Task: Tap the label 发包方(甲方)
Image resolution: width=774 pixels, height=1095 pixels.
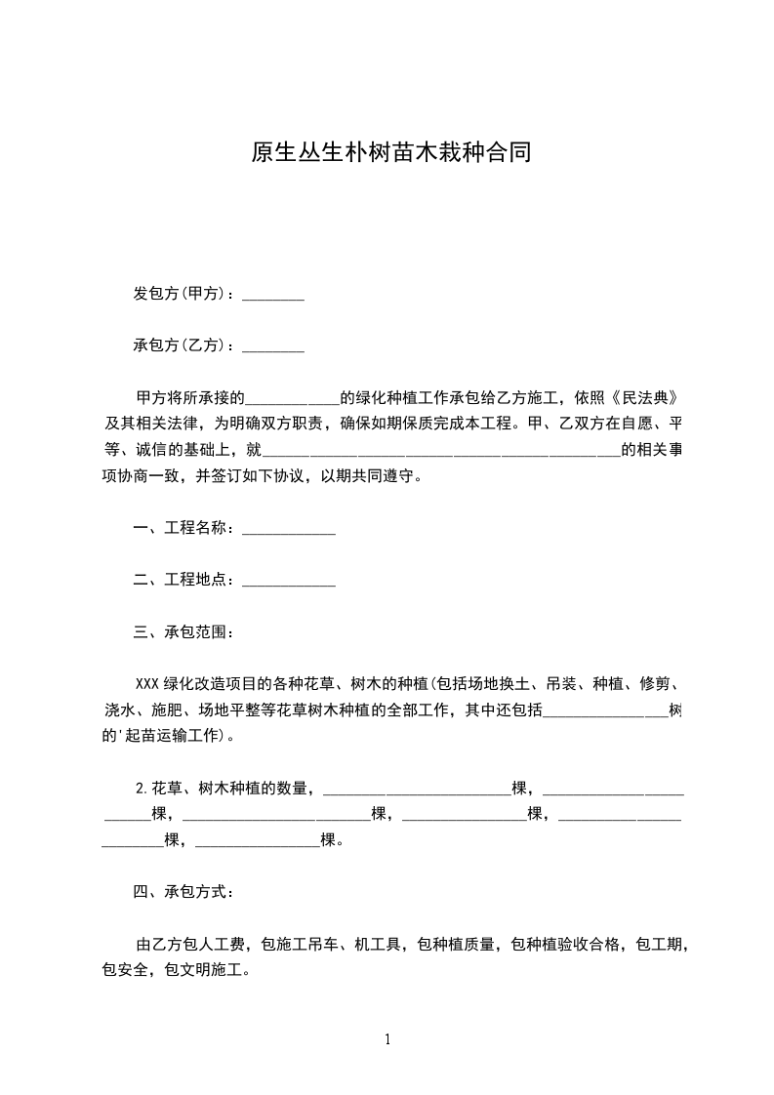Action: (x=180, y=294)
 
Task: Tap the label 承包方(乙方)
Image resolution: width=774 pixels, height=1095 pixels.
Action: (x=180, y=345)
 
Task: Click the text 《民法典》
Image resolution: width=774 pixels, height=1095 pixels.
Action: (x=642, y=398)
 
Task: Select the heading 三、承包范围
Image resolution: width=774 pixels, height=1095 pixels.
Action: (x=183, y=631)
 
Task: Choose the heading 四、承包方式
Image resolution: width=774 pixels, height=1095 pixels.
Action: (x=183, y=891)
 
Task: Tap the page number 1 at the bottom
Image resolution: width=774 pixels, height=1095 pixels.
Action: (x=387, y=1039)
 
